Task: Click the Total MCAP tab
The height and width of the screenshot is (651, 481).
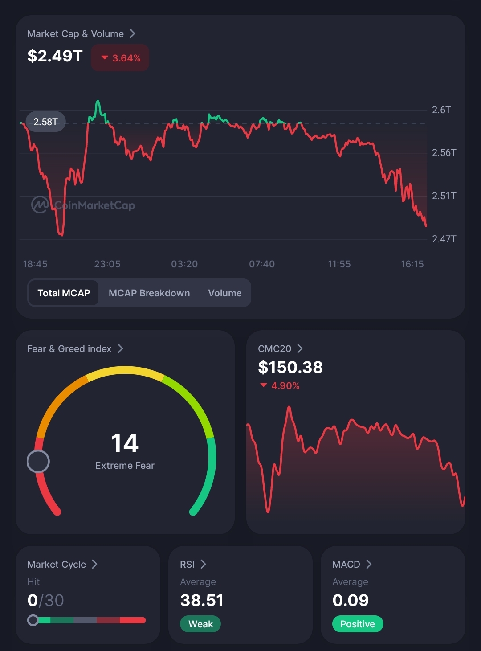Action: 64,293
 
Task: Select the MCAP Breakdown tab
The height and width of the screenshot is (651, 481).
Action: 149,293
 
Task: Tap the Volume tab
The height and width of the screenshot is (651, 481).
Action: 225,293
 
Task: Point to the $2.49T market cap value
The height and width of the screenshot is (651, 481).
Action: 55,56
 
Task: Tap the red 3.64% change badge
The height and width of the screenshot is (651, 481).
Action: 120,58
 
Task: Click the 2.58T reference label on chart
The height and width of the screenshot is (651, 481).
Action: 45,122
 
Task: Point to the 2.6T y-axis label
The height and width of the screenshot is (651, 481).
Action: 441,110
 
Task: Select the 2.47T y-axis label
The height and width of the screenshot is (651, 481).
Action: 444,239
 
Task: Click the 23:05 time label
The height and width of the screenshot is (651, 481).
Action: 107,264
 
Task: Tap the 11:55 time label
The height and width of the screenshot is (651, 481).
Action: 339,264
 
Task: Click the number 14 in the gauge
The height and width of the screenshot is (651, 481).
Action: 125,443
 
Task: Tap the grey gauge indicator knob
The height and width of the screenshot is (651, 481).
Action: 38,461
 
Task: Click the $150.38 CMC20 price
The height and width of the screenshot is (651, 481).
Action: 290,367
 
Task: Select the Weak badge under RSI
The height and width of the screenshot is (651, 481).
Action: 200,624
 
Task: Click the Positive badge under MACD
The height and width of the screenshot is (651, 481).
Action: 358,624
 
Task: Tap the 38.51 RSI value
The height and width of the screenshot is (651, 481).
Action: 202,600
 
